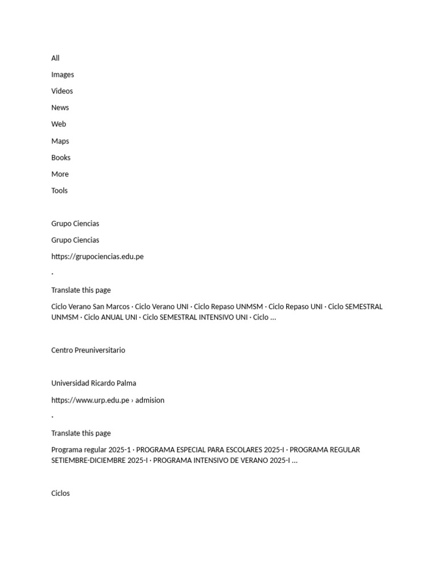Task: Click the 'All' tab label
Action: pos(55,58)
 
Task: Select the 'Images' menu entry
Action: pos(63,75)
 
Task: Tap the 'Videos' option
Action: pos(62,91)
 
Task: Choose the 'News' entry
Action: pos(60,108)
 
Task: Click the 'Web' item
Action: pos(59,124)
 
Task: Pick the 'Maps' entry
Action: pos(60,141)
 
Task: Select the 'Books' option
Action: pos(61,158)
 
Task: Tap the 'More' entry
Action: pos(60,174)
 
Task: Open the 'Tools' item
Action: pos(59,191)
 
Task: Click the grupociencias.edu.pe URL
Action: pos(97,257)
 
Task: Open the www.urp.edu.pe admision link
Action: pos(108,400)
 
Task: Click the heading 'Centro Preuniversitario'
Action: pos(88,350)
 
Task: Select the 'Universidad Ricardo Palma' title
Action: pos(94,383)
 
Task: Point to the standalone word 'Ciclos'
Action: pos(60,494)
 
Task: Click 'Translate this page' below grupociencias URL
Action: pos(81,290)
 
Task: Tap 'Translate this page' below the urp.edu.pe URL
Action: pos(81,433)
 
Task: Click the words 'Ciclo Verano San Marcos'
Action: pos(90,307)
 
